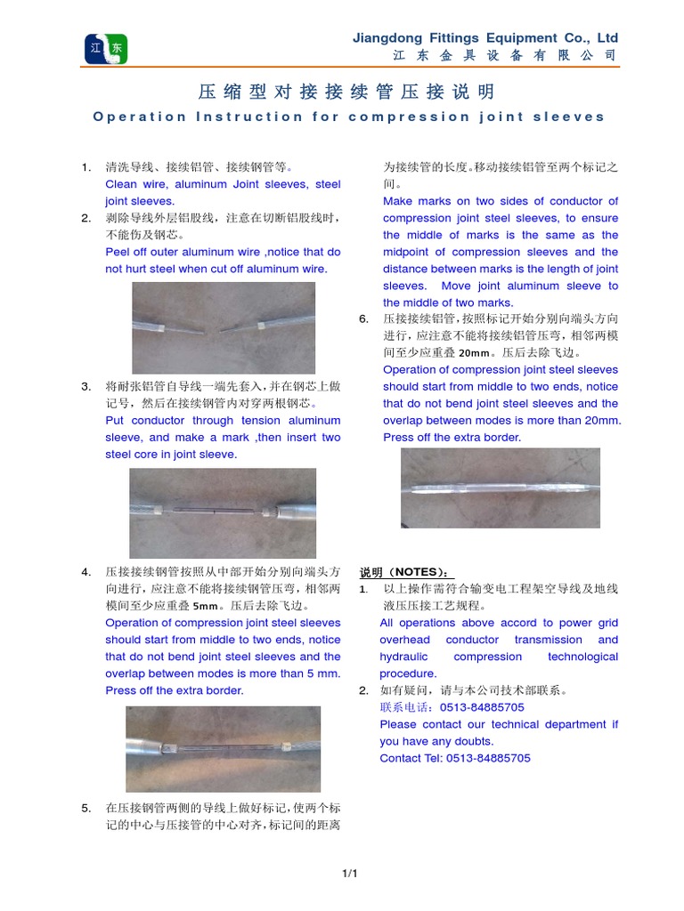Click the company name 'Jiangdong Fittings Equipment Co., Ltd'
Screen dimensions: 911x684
pos(484,37)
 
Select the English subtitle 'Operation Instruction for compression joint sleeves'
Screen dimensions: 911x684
pos(348,117)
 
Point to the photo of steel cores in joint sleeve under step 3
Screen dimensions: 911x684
pos(223,513)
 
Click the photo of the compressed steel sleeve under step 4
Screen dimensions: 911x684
pos(223,749)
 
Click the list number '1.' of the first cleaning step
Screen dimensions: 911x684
pos(85,167)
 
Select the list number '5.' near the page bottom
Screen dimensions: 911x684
pos(85,808)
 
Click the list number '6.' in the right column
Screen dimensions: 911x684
pos(363,318)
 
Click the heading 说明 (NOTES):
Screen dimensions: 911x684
pos(405,572)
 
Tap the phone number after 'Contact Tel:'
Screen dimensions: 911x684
pos(483,758)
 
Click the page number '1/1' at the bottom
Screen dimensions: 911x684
pos(348,875)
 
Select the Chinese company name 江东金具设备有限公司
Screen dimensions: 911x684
pos(504,55)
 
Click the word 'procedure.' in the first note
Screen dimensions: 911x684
pos(408,673)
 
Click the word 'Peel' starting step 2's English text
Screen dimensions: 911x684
pos(120,252)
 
